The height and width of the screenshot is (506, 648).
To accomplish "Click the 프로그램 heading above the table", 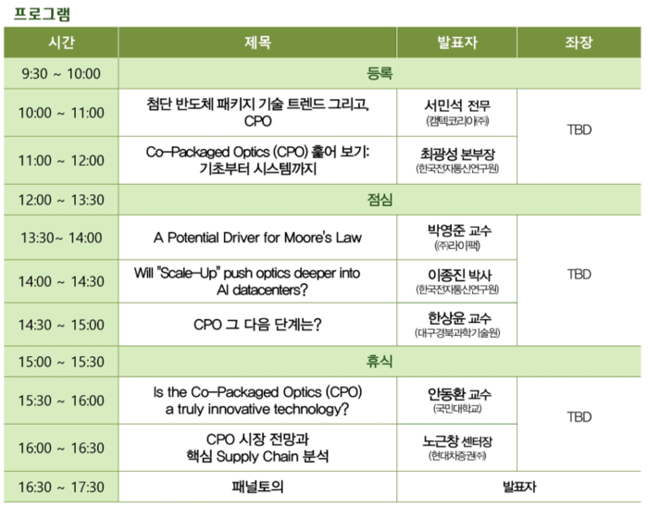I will [x=42, y=13].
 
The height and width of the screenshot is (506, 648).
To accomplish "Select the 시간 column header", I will [x=60, y=43].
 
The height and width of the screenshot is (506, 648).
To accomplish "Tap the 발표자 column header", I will [x=456, y=43].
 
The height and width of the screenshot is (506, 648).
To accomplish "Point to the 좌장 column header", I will [x=579, y=43].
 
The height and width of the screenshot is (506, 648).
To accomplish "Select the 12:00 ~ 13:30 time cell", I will [x=60, y=200].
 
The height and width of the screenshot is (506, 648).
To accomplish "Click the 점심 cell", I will [x=380, y=200].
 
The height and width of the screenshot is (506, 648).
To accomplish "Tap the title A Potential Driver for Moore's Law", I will [x=257, y=238].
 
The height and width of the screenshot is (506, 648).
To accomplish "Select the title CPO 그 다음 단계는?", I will [x=257, y=325].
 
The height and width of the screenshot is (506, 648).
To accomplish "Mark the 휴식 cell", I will [x=380, y=362].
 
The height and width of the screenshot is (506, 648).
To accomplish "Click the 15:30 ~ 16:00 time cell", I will [x=60, y=401].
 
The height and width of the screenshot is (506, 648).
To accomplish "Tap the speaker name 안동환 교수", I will [x=456, y=393].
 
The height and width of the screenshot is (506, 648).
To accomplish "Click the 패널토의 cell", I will [x=257, y=487].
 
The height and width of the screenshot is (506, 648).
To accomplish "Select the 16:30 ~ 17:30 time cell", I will [x=60, y=487].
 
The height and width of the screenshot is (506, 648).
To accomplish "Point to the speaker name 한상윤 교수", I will [x=456, y=317].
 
